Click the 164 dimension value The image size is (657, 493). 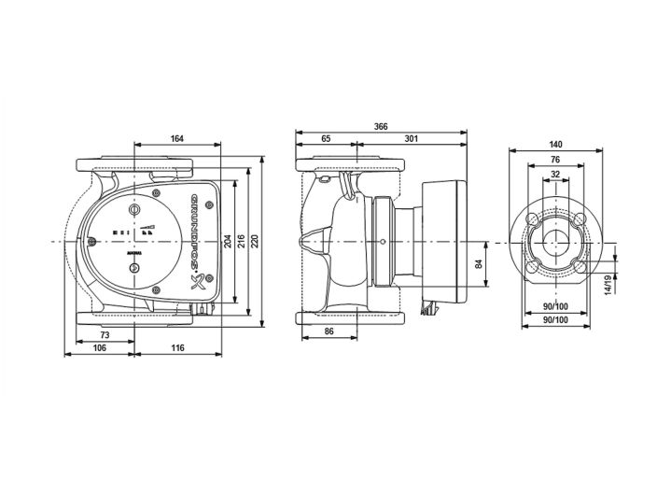point(176,139)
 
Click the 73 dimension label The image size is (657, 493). point(105,334)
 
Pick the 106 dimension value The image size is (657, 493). point(99,347)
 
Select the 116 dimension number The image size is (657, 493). point(177,347)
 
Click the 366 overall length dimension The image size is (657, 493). point(381,126)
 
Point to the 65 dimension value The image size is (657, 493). point(325,139)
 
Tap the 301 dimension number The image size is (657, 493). point(411,139)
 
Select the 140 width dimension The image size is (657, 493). point(556,145)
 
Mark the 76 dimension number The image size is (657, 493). point(556,160)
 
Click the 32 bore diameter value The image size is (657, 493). point(556,174)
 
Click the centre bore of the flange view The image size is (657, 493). point(556,242)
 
